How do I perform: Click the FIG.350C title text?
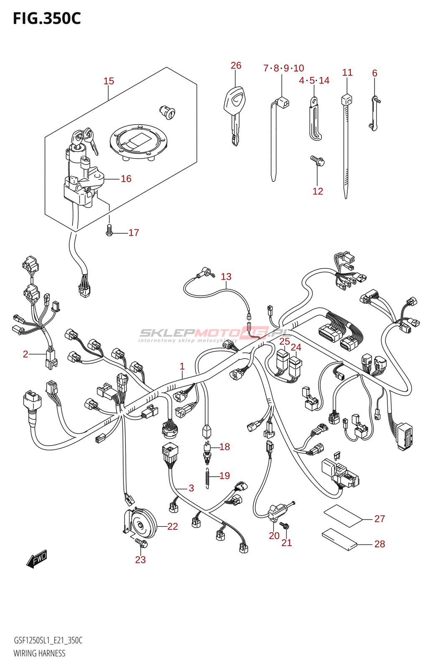[x=47, y=18]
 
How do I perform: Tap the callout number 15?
[x=109, y=81]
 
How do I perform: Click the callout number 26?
[x=236, y=66]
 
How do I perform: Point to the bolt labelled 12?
[x=317, y=161]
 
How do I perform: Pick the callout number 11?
[x=347, y=73]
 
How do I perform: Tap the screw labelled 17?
[x=110, y=230]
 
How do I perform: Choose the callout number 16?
[x=126, y=179]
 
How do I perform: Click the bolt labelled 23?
[x=141, y=543]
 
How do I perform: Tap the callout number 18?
[x=224, y=447]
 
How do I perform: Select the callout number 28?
[x=380, y=544]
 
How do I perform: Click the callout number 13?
[x=226, y=277]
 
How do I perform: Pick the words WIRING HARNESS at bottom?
[x=39, y=653]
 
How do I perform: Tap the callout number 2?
[x=25, y=355]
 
